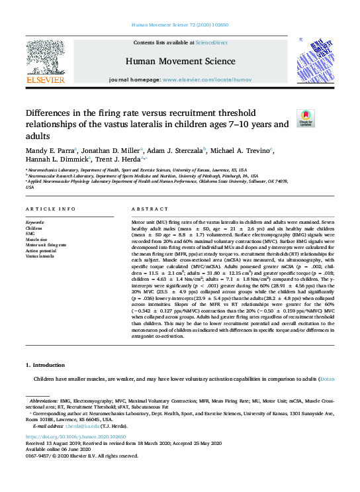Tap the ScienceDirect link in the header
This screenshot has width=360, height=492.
(x=212, y=42)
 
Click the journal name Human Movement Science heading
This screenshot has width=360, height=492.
(x=179, y=60)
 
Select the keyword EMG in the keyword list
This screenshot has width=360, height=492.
(x=30, y=232)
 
